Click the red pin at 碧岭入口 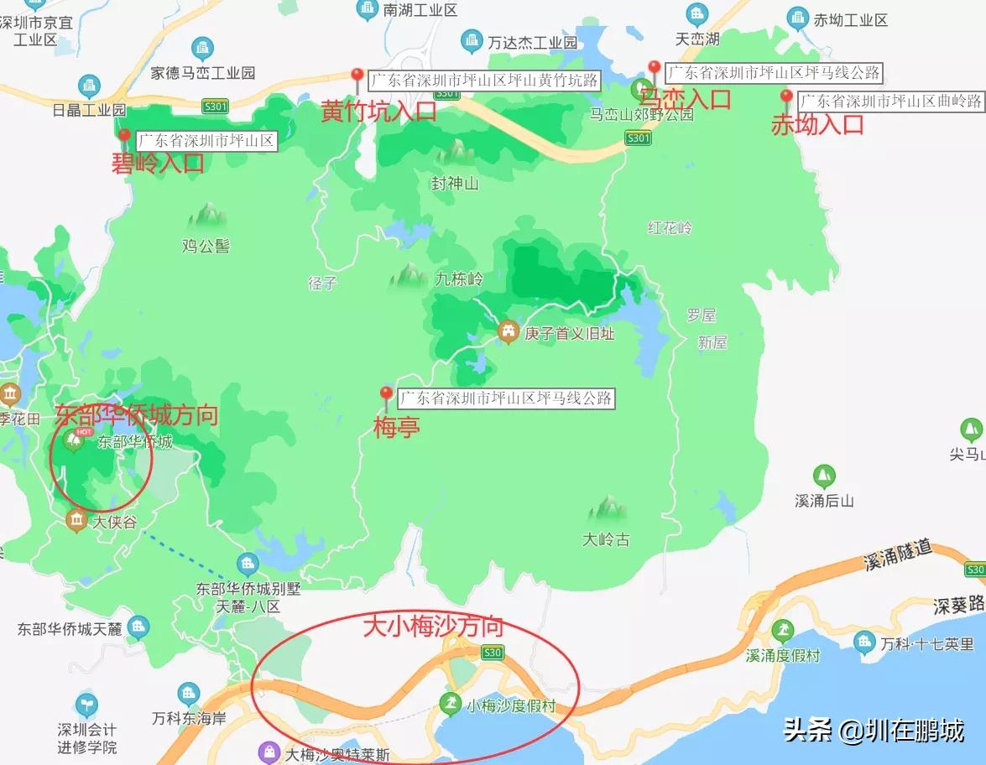[x=124, y=136]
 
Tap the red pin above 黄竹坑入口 [x=357, y=77]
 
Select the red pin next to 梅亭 [x=386, y=394]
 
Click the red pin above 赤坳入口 [x=786, y=96]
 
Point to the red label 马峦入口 [x=685, y=99]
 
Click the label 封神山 [x=455, y=183]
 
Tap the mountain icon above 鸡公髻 [x=206, y=216]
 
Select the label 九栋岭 [x=458, y=278]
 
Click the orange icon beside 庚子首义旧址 [x=508, y=332]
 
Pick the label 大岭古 [x=606, y=539]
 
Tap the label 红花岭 [x=670, y=227]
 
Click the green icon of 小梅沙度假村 [x=451, y=705]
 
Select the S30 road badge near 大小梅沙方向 [x=492, y=651]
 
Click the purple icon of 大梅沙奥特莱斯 [x=269, y=752]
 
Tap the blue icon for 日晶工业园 [x=89, y=86]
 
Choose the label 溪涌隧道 [x=898, y=554]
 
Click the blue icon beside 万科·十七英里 [x=864, y=643]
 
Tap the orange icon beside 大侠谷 [x=76, y=521]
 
